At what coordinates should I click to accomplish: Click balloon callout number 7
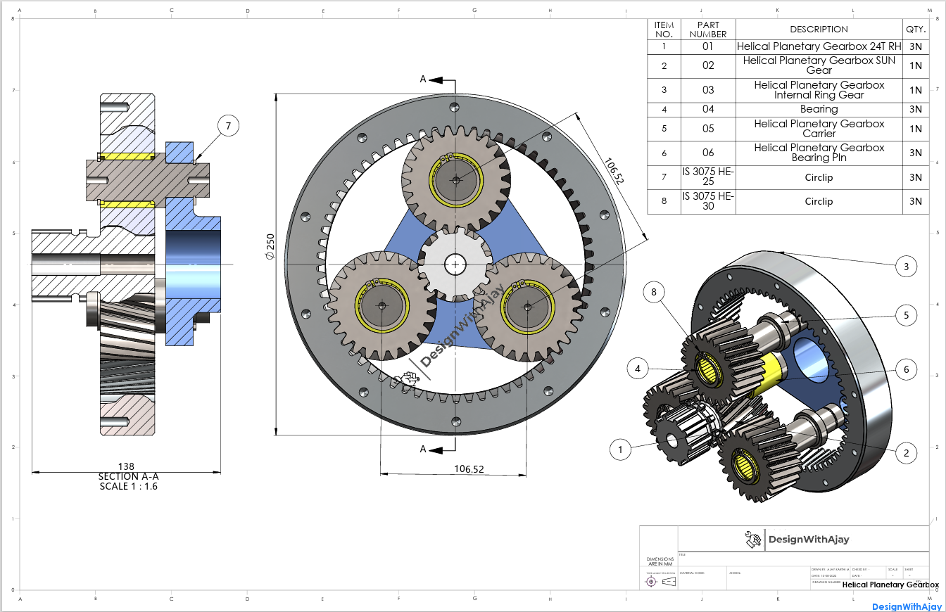(x=227, y=126)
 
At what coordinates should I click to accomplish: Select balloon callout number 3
(x=907, y=267)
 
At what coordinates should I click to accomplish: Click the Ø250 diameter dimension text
(x=270, y=248)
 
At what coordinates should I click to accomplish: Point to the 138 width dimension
(x=126, y=466)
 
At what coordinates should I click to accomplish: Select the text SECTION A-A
(x=129, y=476)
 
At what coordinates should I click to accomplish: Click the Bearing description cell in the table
(x=819, y=109)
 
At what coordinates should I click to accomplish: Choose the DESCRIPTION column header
(x=819, y=29)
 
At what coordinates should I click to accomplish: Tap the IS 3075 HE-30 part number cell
(x=708, y=201)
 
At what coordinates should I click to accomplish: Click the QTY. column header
(x=915, y=29)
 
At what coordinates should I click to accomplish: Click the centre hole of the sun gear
(x=455, y=264)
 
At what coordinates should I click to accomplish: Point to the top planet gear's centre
(x=455, y=180)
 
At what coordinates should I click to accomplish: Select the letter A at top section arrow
(x=423, y=79)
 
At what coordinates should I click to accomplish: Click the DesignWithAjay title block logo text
(x=808, y=540)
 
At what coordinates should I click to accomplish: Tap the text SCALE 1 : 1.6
(x=129, y=486)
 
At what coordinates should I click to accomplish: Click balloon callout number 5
(x=907, y=316)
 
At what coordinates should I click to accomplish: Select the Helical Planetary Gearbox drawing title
(x=890, y=585)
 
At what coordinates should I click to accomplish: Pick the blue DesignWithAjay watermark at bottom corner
(x=907, y=606)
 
